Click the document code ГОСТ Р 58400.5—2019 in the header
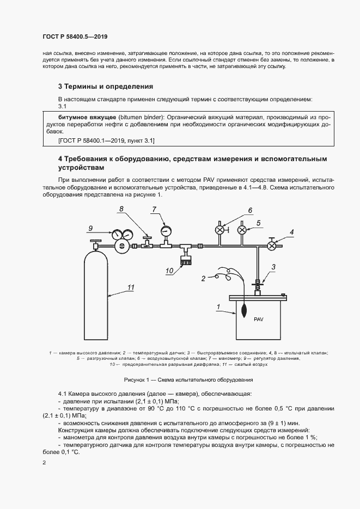pos(75,37)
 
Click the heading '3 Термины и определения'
pos(105,87)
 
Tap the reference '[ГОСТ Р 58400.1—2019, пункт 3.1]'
pos(106,140)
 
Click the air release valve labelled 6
pos(220,230)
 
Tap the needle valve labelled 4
pos(271,246)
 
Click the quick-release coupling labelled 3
pos(258,283)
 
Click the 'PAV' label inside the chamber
pos(258,320)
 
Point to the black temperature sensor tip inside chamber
pos(242,310)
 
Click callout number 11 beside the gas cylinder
pos(130,287)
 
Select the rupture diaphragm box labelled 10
pos(187,262)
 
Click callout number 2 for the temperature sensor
pos(203,279)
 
